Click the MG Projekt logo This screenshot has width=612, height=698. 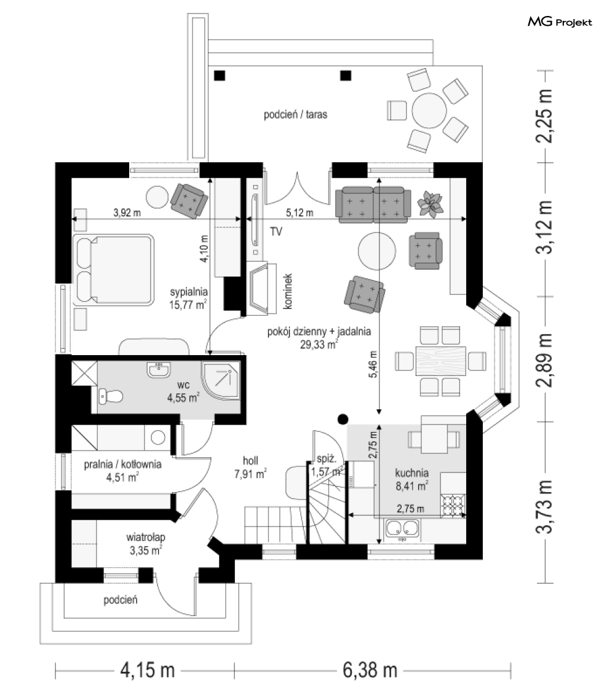coord(559,23)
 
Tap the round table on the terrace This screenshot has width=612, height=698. coord(429,111)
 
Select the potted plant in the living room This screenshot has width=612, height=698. coord(429,203)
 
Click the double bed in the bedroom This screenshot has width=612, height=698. coord(114,269)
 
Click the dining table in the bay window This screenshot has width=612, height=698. coord(441,360)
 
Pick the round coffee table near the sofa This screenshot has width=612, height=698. coord(377,250)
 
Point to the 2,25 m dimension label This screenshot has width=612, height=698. coord(545,117)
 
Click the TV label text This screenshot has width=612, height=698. coord(276,232)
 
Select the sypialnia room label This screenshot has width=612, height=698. coord(189,292)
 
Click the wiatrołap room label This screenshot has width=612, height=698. coord(146,536)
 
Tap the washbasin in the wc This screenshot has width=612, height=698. coord(159,371)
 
